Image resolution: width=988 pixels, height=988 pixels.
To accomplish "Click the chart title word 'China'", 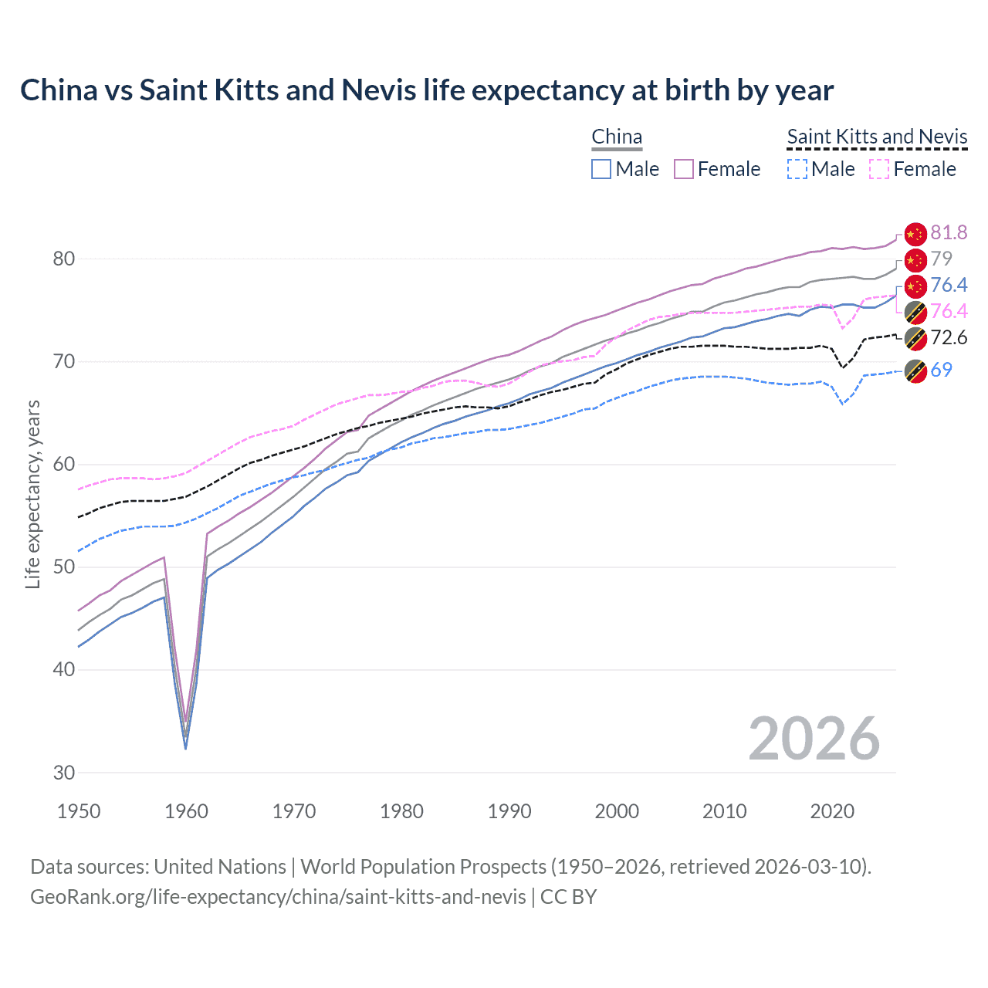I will (x=58, y=90).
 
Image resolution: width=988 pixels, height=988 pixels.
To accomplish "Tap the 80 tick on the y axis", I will (x=63, y=259).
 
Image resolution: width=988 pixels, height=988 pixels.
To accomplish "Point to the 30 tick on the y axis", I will (x=63, y=773).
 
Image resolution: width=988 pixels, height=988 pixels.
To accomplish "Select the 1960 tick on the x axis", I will (x=186, y=811).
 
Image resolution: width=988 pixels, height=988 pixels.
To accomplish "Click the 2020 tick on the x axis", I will (x=832, y=811).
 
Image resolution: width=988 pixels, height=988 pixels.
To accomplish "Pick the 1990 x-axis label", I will (x=509, y=811).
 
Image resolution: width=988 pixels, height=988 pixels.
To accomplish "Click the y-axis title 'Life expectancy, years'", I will (x=32, y=494).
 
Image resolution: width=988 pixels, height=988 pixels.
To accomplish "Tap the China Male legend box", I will (x=601, y=169).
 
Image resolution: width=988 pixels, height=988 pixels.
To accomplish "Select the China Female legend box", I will (x=684, y=169).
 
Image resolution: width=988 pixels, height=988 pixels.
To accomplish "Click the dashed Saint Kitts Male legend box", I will (x=797, y=169).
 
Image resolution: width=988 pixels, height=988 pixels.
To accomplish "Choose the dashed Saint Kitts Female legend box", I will (x=880, y=169).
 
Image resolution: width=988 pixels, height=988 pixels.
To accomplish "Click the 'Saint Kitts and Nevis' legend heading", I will (x=877, y=137).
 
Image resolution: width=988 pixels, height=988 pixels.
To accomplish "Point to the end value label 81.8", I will (x=949, y=232).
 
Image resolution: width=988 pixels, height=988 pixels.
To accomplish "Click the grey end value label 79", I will (x=941, y=259).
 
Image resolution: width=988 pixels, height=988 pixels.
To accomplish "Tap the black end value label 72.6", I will (x=949, y=337).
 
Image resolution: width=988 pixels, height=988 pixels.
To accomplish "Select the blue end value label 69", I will (x=941, y=370).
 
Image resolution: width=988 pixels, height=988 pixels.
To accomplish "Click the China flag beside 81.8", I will (x=915, y=233).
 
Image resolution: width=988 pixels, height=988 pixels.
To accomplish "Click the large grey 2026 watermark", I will (x=814, y=739).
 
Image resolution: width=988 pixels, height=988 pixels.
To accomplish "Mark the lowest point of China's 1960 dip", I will (x=185, y=748).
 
